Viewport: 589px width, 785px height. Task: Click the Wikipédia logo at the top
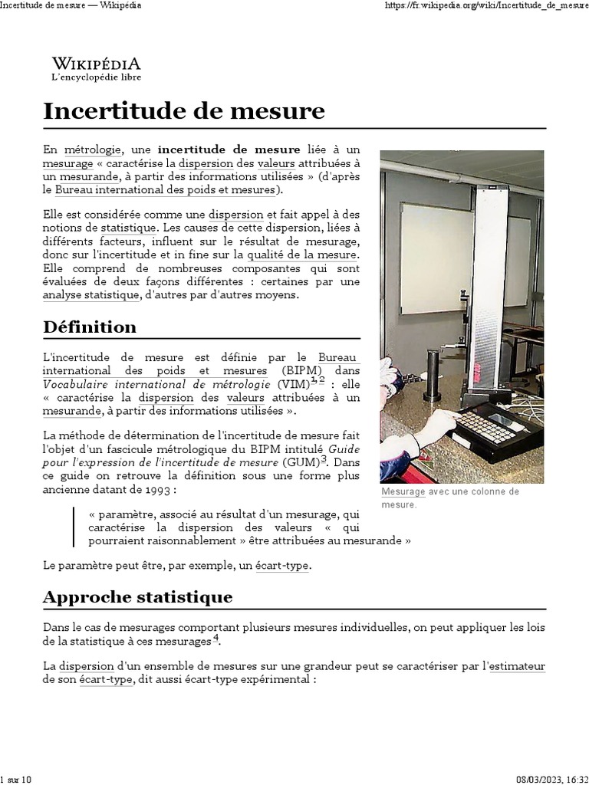96,67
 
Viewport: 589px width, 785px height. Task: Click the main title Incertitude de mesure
184,110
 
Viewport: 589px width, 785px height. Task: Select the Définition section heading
90,327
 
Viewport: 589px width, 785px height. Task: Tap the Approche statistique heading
138,596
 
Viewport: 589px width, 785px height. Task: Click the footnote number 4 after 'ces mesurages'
216,638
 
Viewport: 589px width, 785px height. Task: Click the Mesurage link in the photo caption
403,491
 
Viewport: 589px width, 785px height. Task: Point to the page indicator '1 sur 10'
16,780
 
